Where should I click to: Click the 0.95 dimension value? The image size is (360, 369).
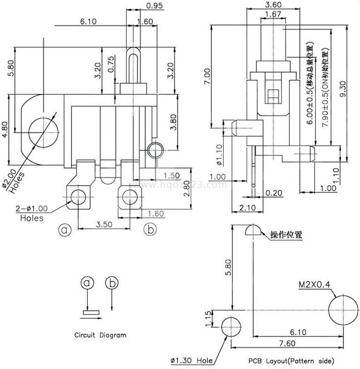click(x=154, y=6)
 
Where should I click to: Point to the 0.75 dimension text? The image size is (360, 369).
click(x=111, y=64)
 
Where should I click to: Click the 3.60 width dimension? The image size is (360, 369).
click(x=273, y=4)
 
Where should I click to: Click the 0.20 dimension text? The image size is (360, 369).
click(x=274, y=193)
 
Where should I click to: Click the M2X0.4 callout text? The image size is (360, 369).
click(x=313, y=284)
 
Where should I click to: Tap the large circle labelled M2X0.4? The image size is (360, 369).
click(x=341, y=310)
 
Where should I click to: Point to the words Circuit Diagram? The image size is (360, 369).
click(x=100, y=335)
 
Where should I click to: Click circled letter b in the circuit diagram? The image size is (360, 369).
click(x=112, y=283)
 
